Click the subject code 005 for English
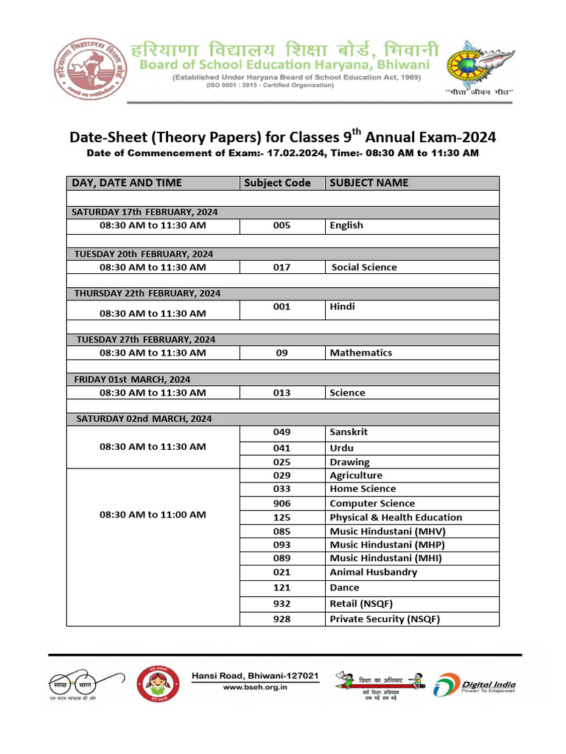pos(282,225)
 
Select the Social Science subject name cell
pos(363,267)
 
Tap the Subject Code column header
pos(277,183)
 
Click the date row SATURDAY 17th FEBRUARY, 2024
pos(144,212)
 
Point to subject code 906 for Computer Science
pos(282,503)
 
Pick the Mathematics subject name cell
pos(360,353)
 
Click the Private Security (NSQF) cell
pos(384,619)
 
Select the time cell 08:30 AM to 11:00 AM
pos(153,515)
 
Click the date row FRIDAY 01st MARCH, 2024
pos(132,379)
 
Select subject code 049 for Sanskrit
pos(282,432)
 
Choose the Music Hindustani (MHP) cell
pos(387,545)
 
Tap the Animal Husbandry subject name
pos(373,572)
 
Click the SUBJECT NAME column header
pos(368,183)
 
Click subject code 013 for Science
pos(282,392)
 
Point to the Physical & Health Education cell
pos(396,518)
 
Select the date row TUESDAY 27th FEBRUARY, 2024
pos(145,339)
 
